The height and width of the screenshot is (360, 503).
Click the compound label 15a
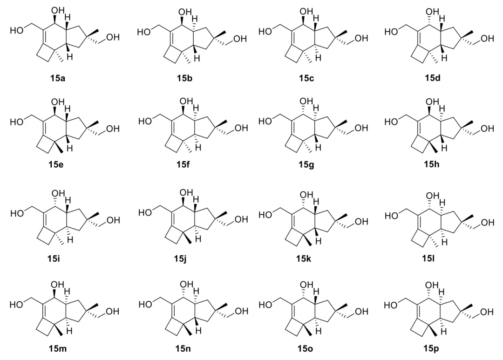[57, 78]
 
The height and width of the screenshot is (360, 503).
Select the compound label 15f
[184, 165]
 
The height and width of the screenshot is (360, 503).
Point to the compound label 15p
[430, 348]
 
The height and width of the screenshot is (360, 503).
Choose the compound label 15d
[432, 78]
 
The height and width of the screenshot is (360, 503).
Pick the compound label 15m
[58, 348]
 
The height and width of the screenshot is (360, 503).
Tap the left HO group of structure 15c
[265, 32]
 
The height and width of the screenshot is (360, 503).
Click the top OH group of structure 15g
[306, 101]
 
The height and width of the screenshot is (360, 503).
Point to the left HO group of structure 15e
[17, 122]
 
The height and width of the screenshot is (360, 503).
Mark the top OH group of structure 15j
[186, 193]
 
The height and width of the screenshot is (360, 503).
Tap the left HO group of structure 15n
[145, 304]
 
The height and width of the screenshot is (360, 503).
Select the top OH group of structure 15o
[306, 285]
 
